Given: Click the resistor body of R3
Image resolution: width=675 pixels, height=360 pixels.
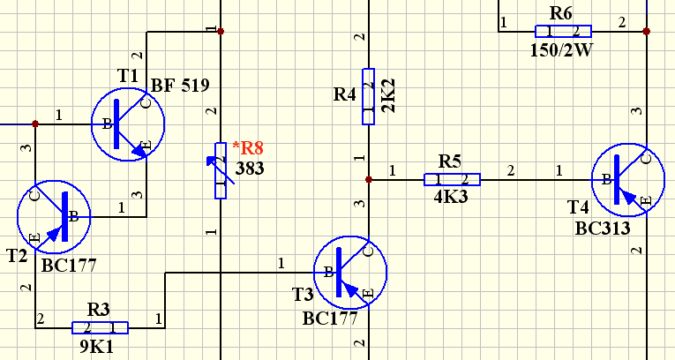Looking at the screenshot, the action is (100, 327).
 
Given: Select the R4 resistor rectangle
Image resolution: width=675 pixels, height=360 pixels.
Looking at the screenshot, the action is (369, 96).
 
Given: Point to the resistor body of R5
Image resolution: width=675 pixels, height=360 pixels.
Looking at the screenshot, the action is (452, 180).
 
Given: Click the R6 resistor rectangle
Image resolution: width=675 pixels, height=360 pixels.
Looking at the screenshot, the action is (563, 32).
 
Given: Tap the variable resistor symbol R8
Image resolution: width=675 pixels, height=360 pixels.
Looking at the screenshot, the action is (221, 170).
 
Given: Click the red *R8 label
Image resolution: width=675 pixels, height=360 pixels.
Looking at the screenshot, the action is (248, 147).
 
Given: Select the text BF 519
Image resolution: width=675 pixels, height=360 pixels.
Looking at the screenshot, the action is (180, 86).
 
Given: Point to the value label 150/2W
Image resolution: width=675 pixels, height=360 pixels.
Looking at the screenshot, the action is (561, 50).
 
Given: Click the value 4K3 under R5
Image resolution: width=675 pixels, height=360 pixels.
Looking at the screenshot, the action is (451, 197).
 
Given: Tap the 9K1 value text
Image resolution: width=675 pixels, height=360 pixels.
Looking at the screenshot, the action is (97, 346).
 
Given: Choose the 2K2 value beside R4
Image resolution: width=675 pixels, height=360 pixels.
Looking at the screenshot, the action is (388, 95).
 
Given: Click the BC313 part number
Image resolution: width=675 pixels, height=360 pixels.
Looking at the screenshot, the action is (603, 228).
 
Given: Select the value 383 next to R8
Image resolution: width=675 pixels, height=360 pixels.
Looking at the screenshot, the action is (250, 168).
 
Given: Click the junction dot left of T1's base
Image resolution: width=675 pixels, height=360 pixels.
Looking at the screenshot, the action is (35, 124).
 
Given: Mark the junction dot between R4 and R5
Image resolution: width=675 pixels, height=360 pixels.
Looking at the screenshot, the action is (369, 180).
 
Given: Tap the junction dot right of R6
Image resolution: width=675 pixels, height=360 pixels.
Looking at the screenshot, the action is (646, 31).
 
